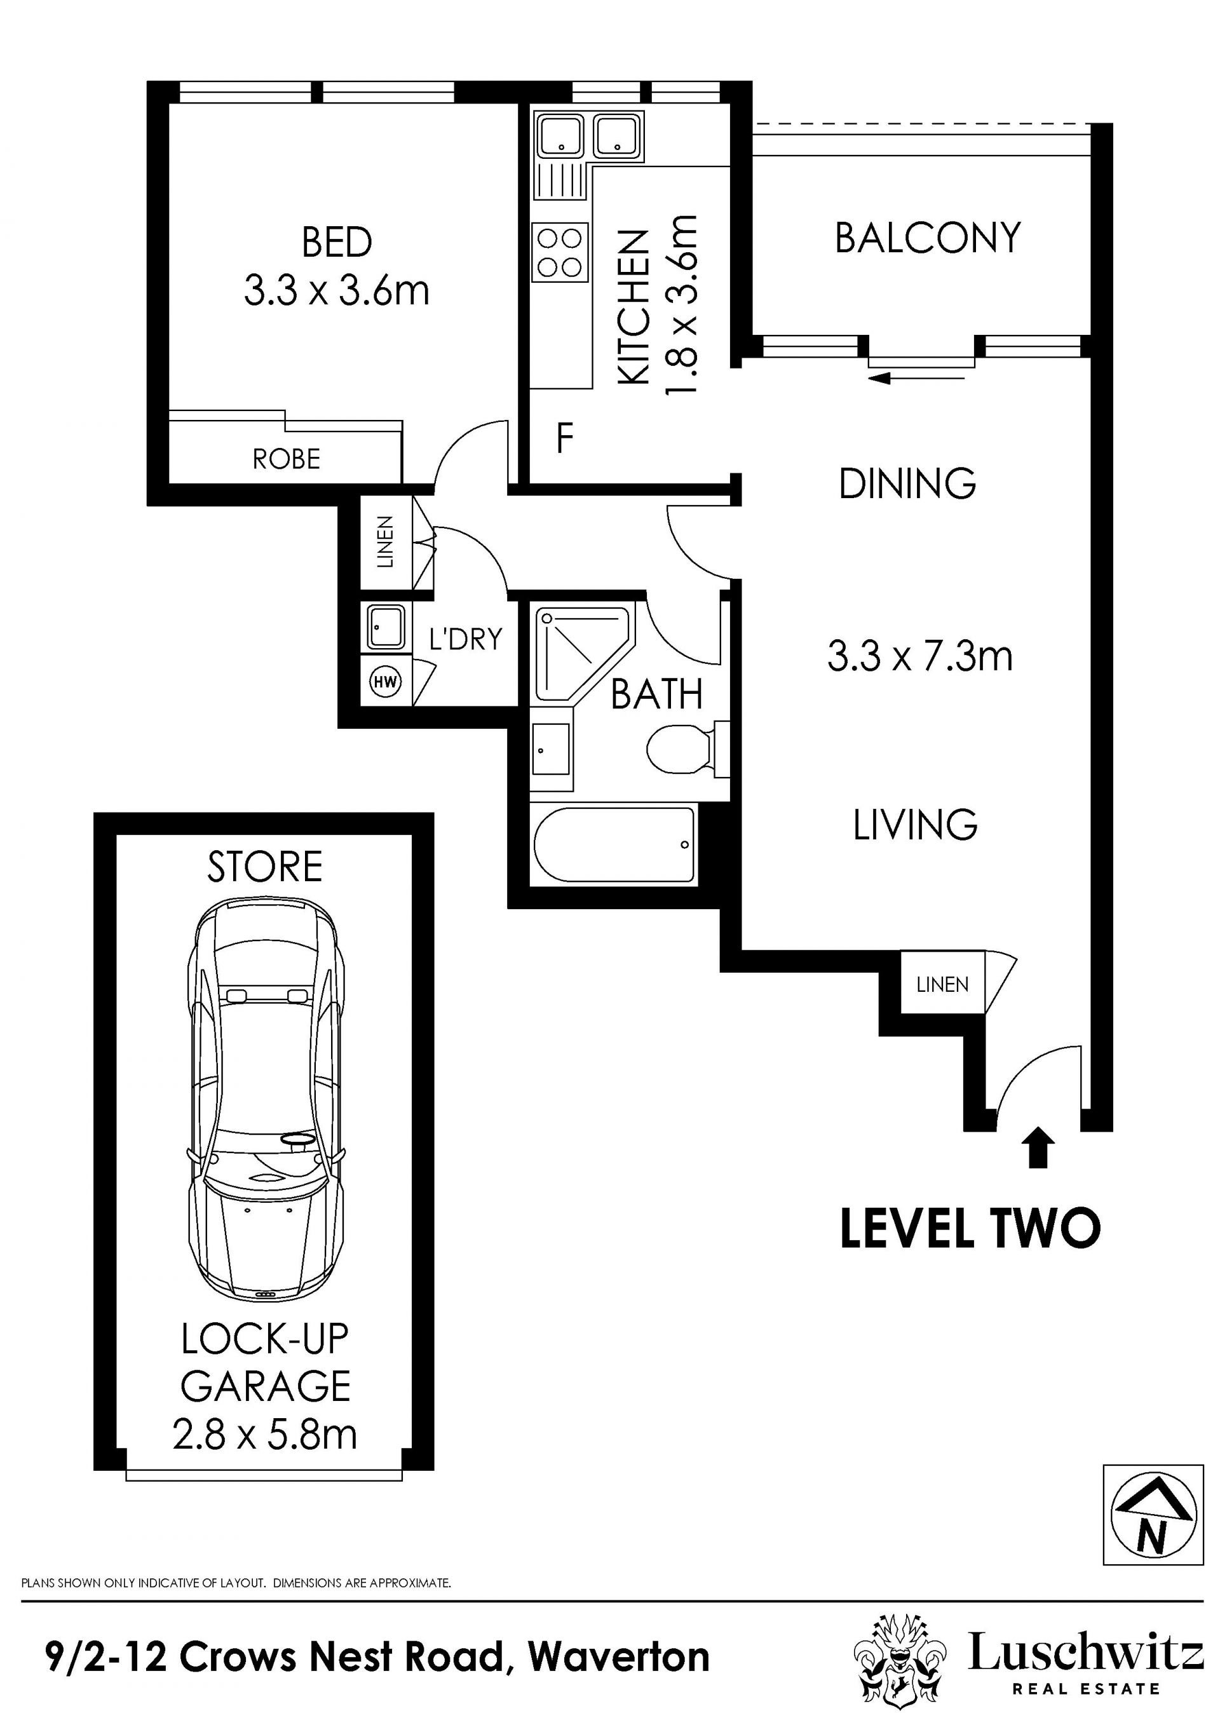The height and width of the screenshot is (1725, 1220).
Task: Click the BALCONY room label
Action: (928, 238)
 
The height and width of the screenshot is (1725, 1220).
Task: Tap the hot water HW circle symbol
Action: (386, 682)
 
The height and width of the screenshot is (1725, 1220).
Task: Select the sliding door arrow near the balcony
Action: (916, 378)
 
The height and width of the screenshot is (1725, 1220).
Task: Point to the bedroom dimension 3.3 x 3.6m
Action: (337, 291)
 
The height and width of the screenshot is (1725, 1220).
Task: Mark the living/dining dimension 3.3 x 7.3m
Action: (920, 656)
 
